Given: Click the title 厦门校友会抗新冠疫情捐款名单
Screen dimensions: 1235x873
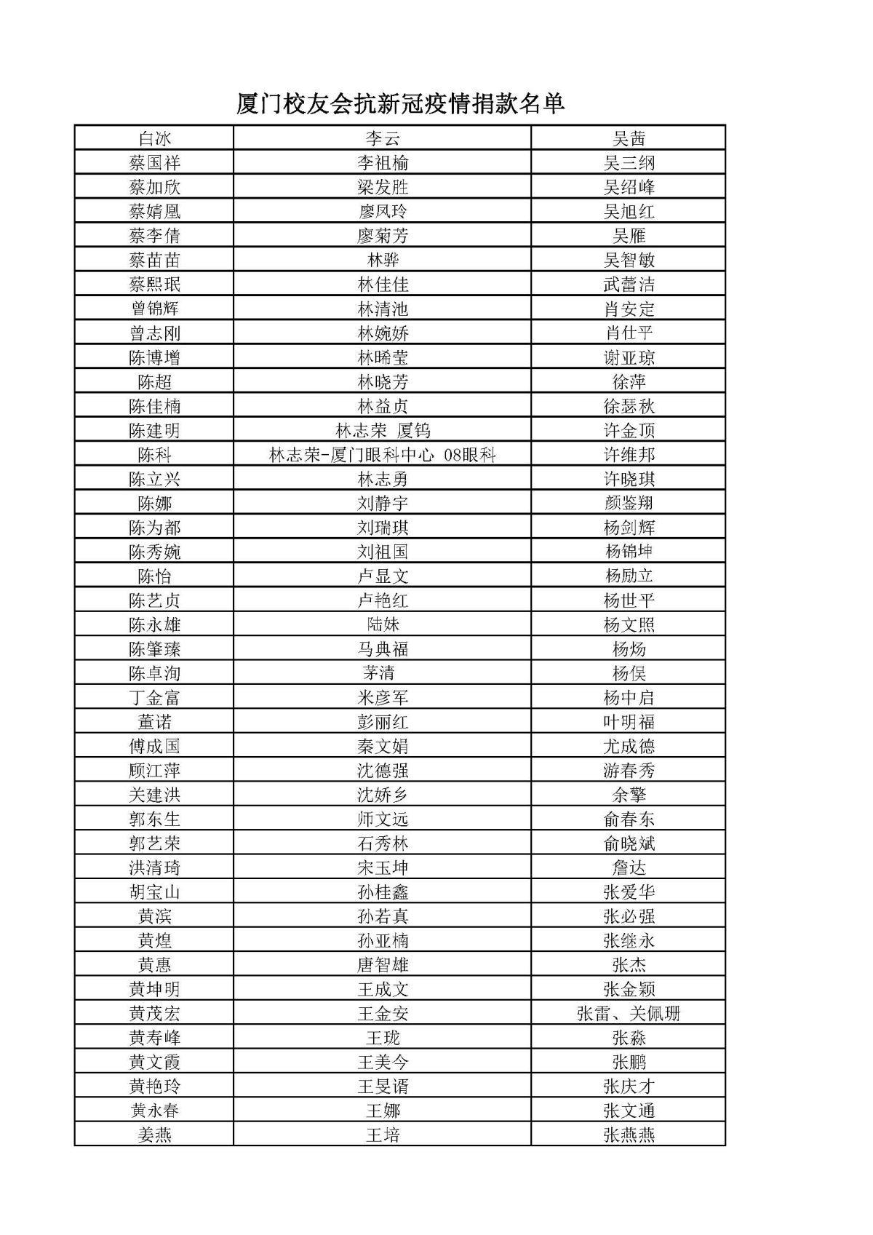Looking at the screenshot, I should [x=400, y=103].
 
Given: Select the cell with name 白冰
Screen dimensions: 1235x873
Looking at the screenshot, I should [x=154, y=138].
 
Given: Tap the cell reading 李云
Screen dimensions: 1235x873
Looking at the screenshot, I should [x=383, y=138].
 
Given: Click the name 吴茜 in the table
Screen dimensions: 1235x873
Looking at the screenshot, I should [x=629, y=138].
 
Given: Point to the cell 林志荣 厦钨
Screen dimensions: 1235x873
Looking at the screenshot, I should [x=383, y=430].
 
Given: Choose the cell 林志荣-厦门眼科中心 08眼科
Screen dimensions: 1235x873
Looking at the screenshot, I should [x=383, y=455].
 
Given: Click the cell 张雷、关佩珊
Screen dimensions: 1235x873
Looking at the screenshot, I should [x=629, y=1013].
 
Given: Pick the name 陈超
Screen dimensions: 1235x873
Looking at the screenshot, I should [x=154, y=381].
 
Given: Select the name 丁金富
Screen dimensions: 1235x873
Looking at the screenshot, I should [x=154, y=697].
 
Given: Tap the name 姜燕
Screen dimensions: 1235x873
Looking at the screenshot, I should [x=154, y=1135].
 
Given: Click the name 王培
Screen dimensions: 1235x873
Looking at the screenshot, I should [x=383, y=1135].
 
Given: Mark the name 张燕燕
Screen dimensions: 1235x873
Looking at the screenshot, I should [x=629, y=1135].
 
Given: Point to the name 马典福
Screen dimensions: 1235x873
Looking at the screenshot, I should [x=383, y=648].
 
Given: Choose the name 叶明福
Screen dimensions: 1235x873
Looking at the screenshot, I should [x=629, y=721].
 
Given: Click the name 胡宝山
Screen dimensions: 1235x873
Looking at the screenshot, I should [x=154, y=891].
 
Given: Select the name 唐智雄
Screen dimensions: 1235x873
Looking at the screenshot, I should [x=383, y=964].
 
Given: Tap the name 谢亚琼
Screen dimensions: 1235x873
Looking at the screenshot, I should [x=629, y=357].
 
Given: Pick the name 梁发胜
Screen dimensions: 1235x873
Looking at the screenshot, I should [x=383, y=187].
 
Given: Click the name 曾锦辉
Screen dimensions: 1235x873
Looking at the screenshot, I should [x=154, y=309].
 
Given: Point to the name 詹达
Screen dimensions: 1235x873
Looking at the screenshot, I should [x=629, y=867].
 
